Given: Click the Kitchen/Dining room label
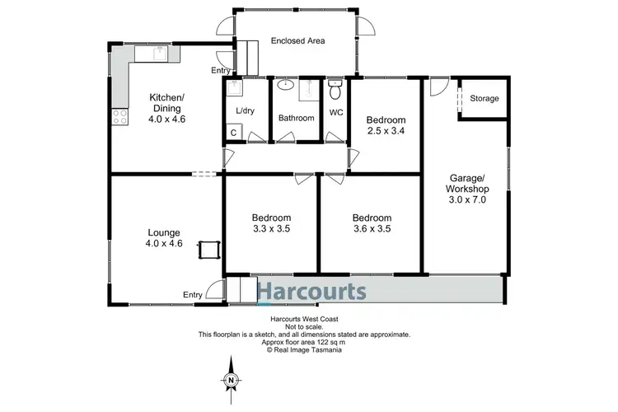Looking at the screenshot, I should coord(166,104).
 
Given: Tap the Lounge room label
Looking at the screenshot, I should coord(164,232).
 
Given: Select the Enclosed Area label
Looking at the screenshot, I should coord(297,40).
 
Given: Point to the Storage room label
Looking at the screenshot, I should coord(485,99).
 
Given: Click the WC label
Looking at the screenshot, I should coord(336,112).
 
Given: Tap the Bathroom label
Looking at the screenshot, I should coord(296,118).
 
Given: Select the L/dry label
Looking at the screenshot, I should coord(245,110).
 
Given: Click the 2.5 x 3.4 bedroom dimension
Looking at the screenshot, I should coord(387,130).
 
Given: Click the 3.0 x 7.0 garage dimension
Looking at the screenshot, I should coord(466,199).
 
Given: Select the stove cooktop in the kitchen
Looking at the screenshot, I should coord(119,117).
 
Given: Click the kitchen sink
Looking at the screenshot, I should coord(153,54).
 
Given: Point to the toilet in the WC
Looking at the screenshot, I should coord(335,85).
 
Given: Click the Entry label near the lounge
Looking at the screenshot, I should coord(193,295).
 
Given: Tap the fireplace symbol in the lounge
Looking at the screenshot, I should coord(206,249).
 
